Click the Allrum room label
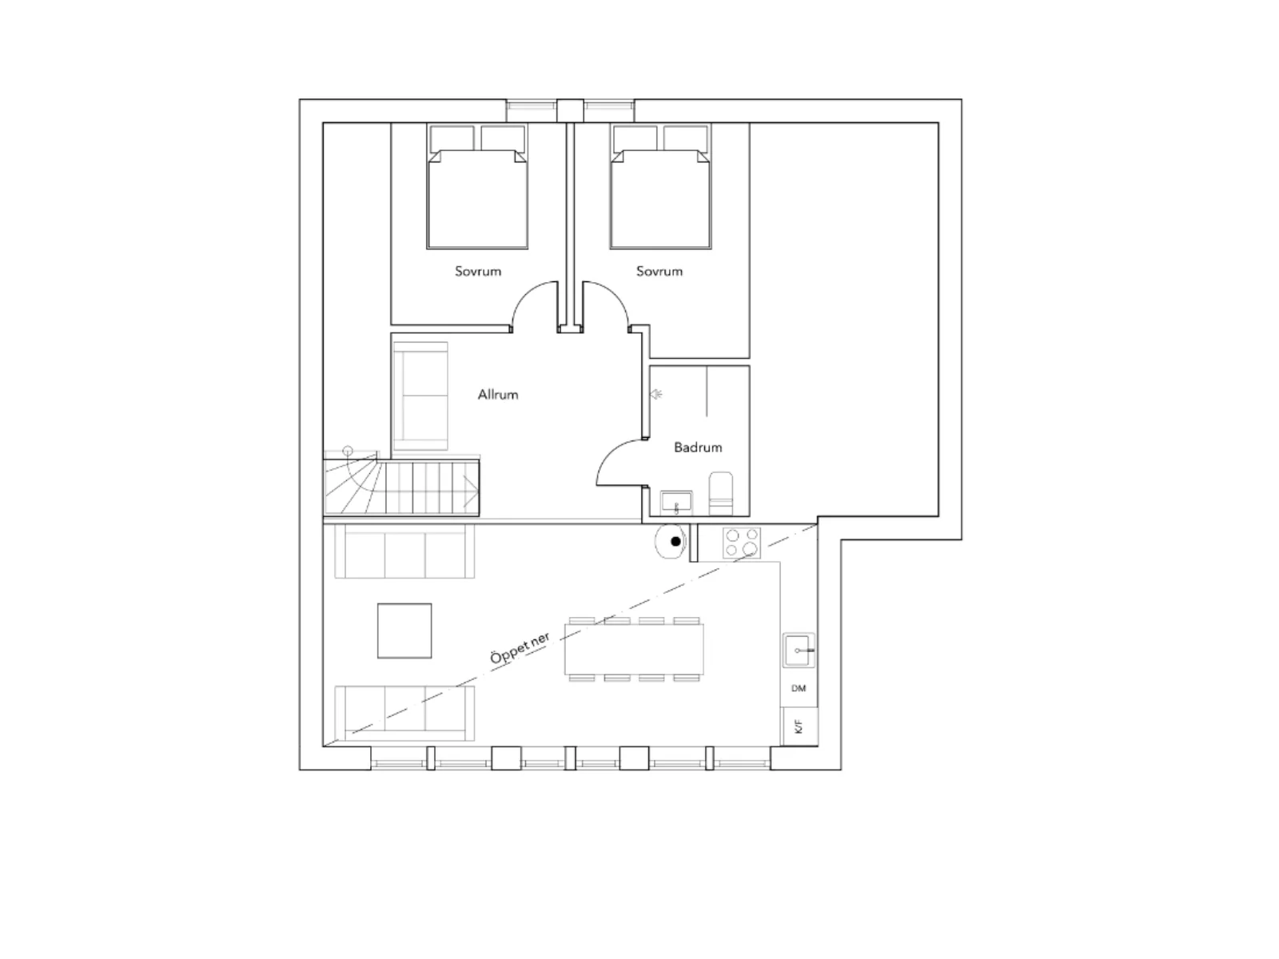click(498, 394)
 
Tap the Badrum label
click(698, 448)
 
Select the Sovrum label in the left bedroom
click(478, 271)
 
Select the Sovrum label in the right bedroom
click(659, 271)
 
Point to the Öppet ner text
click(520, 648)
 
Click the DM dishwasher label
click(799, 688)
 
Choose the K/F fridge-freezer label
click(799, 726)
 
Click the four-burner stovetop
click(742, 543)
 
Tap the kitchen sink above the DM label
click(799, 650)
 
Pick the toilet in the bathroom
click(721, 493)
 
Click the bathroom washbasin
click(676, 503)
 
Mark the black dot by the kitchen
click(676, 542)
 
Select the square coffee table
click(404, 631)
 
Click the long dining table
click(634, 649)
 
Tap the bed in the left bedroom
click(477, 186)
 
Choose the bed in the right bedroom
click(661, 186)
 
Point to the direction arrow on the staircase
click(471, 491)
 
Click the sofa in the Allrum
click(420, 396)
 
